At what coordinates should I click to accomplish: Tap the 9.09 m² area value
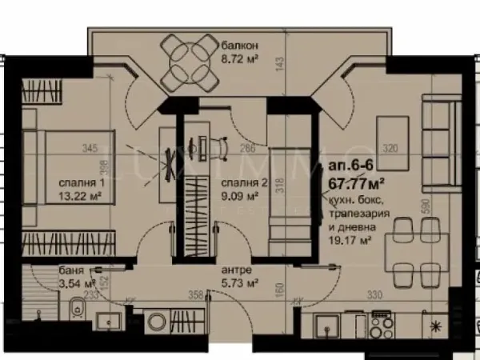point(239,195)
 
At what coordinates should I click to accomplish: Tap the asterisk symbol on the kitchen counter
point(436,326)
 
